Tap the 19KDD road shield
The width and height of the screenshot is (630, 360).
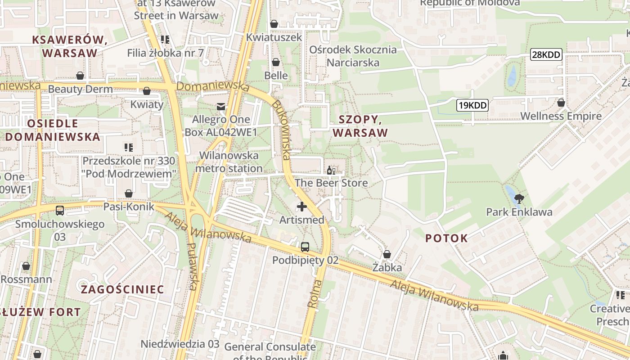pyautogui.click(x=472, y=106)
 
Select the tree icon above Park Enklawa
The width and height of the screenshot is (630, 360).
pyautogui.click(x=519, y=198)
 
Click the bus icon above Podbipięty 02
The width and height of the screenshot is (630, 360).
pyautogui.click(x=305, y=247)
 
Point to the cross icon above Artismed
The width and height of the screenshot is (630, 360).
pyautogui.click(x=301, y=207)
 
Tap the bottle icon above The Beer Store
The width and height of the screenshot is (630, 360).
pyautogui.click(x=331, y=170)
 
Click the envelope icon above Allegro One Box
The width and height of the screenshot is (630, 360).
pyautogui.click(x=220, y=107)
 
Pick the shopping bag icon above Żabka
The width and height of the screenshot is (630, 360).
pyautogui.click(x=387, y=255)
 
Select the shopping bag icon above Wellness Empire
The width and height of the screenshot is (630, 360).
pyautogui.click(x=561, y=103)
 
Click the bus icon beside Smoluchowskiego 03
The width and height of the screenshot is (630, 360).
pyautogui.click(x=59, y=210)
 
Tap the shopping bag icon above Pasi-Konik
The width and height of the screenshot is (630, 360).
pyautogui.click(x=129, y=193)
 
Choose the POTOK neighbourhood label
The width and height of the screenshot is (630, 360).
pyautogui.click(x=446, y=238)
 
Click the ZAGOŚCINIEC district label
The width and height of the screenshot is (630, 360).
pyautogui.click(x=122, y=289)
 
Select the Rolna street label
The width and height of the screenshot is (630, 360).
pyautogui.click(x=315, y=293)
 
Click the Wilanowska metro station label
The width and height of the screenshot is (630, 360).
pyautogui.click(x=229, y=162)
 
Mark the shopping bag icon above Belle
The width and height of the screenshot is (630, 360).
pyautogui.click(x=276, y=62)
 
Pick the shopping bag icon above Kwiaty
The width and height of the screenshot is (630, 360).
pyautogui.click(x=146, y=91)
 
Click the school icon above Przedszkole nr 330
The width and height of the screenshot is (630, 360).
pyautogui.click(x=128, y=147)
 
